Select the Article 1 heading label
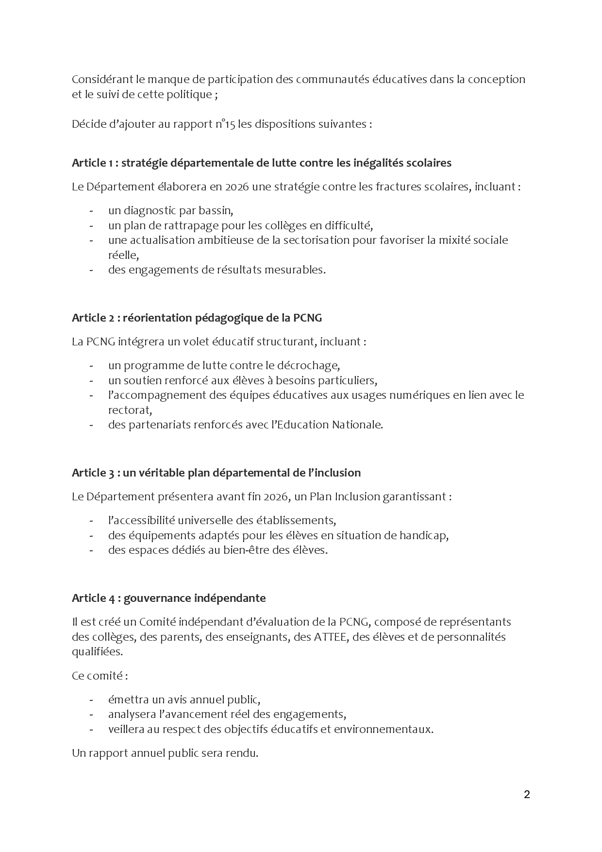point(92,163)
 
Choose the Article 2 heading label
point(93,318)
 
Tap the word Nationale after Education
point(357,425)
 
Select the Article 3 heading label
point(93,473)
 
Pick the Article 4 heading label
point(94,597)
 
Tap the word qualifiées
point(97,651)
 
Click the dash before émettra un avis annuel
point(91,700)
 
